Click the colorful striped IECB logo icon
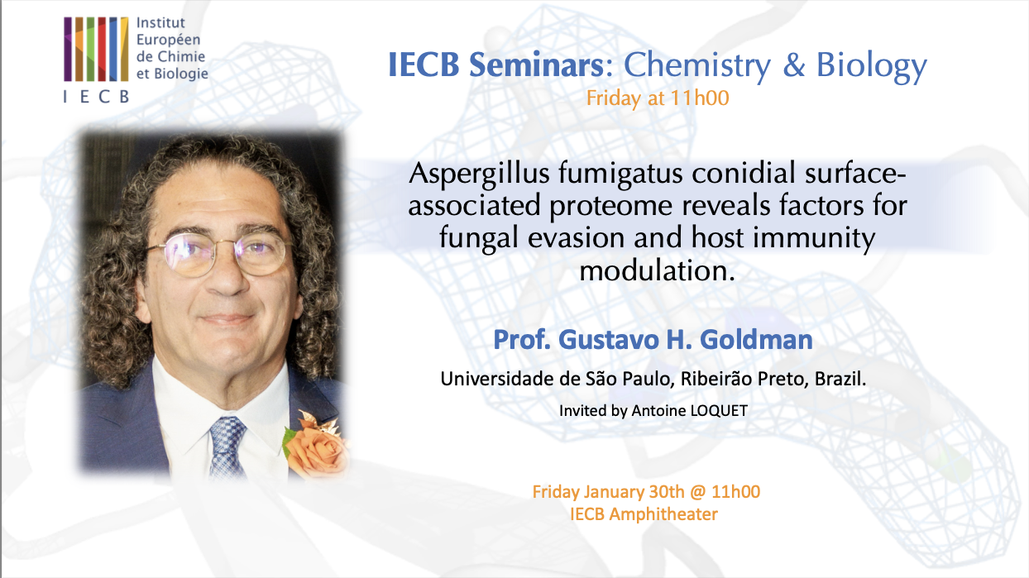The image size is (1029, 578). [x=96, y=48]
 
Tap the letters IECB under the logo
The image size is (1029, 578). [x=96, y=96]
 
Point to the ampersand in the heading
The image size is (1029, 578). [x=794, y=66]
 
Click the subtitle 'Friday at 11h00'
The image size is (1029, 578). [x=657, y=98]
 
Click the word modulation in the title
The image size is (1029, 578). [x=657, y=270]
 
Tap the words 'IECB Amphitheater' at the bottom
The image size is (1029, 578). [x=644, y=514]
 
